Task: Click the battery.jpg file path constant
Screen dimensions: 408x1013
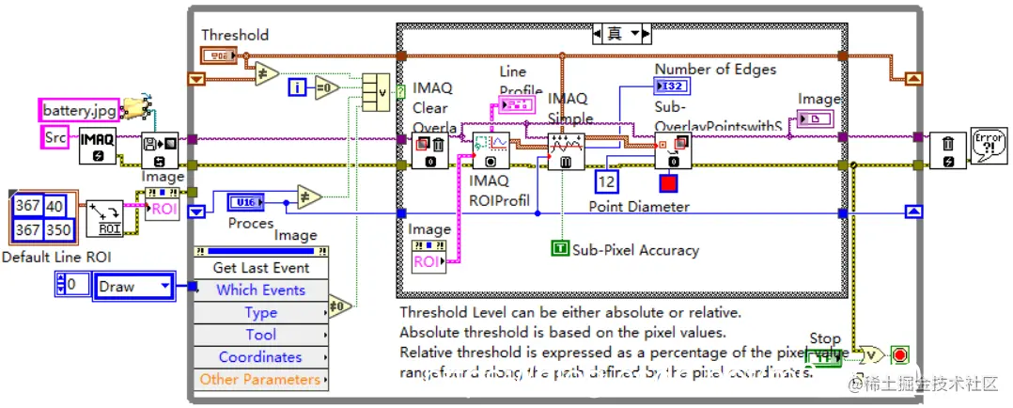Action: [x=78, y=110]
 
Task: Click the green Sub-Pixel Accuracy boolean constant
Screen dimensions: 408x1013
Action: [x=560, y=249]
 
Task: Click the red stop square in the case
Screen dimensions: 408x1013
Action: [x=668, y=182]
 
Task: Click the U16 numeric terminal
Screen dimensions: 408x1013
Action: [x=245, y=200]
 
